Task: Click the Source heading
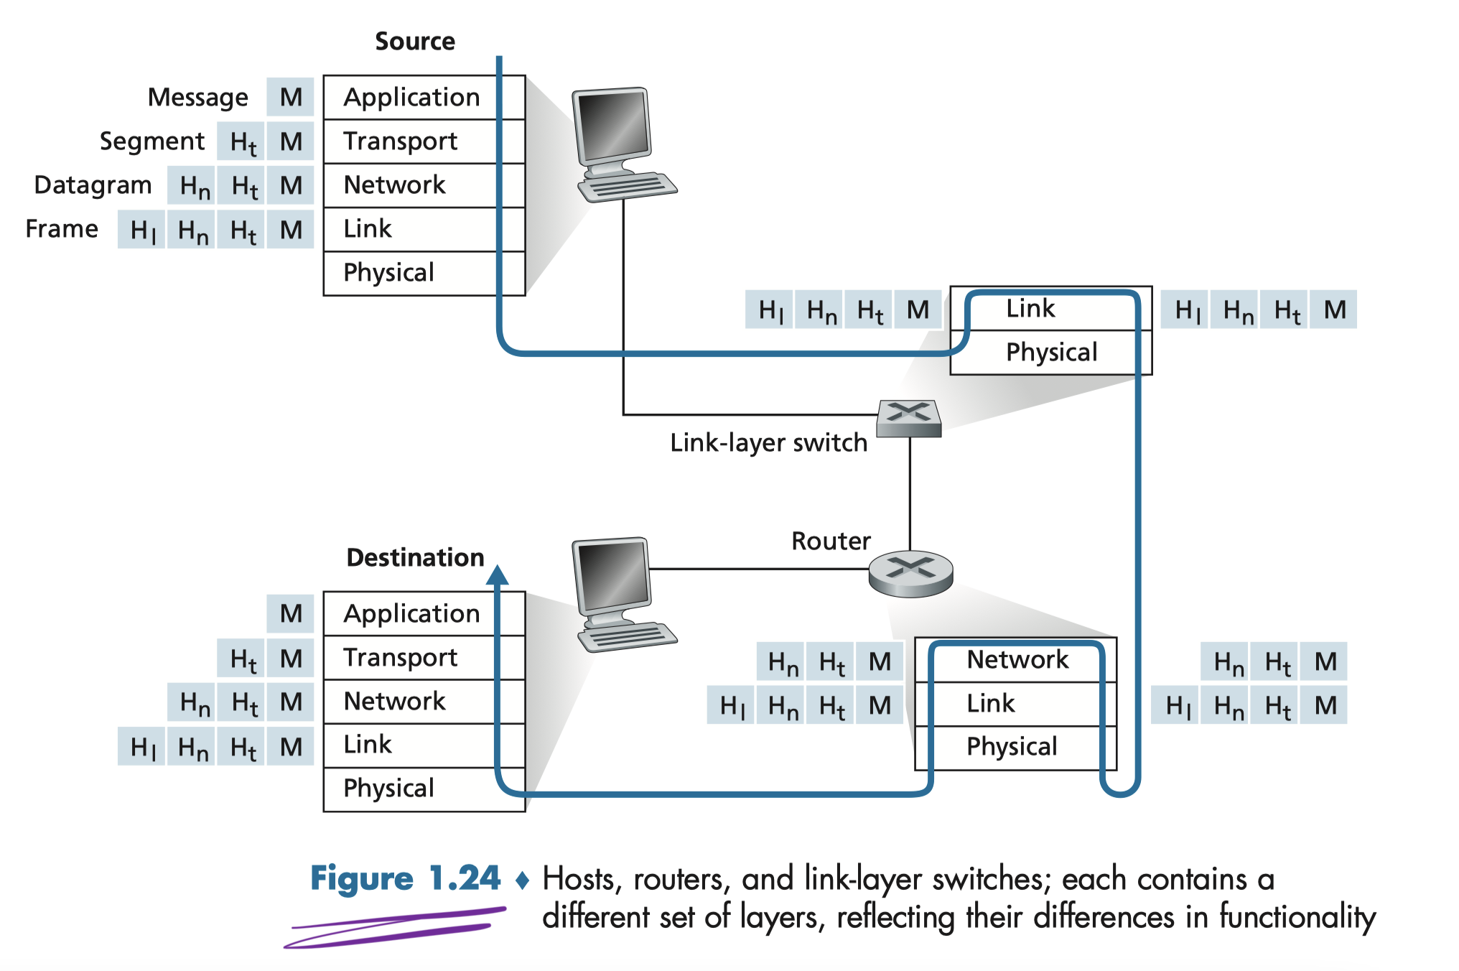[415, 41]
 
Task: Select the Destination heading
[415, 557]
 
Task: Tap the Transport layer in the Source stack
[400, 141]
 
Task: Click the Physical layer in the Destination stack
[388, 789]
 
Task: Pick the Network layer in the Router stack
[1017, 659]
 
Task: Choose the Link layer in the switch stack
[1030, 309]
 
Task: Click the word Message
[197, 97]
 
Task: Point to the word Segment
[152, 141]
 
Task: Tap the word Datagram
[93, 185]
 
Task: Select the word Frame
[62, 228]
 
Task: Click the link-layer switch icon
[909, 418]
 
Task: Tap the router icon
[910, 573]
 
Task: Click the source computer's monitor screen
[613, 126]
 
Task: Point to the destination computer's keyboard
[628, 636]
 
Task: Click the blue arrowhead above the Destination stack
[497, 575]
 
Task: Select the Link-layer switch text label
[768, 442]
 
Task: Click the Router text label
[831, 541]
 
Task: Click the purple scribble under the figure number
[395, 928]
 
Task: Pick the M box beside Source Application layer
[291, 97]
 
